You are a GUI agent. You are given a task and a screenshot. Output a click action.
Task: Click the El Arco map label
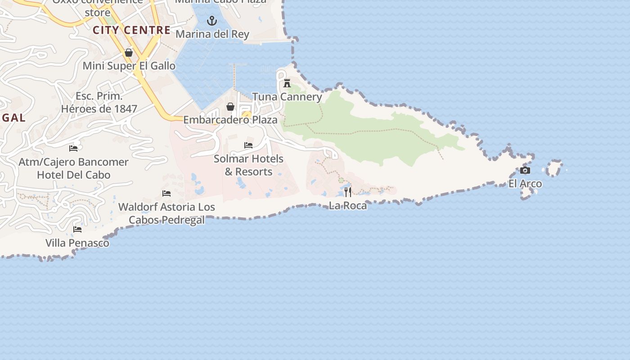pyautogui.click(x=525, y=184)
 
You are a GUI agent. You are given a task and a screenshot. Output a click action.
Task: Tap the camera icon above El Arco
pyautogui.click(x=525, y=171)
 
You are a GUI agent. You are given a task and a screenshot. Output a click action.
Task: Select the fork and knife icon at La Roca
pyautogui.click(x=348, y=192)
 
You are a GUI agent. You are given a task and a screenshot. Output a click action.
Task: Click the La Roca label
pyautogui.click(x=348, y=205)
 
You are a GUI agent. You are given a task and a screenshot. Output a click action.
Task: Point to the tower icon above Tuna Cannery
pyautogui.click(x=287, y=83)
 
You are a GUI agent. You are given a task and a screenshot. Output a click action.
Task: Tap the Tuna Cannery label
pyautogui.click(x=287, y=97)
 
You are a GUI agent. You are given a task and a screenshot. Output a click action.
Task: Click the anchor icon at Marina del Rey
pyautogui.click(x=212, y=21)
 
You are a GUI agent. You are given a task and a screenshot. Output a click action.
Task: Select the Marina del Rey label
pyautogui.click(x=212, y=34)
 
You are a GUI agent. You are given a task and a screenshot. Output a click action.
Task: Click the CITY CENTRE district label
pyautogui.click(x=131, y=30)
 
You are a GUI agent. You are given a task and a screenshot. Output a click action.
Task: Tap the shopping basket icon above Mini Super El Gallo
pyautogui.click(x=129, y=53)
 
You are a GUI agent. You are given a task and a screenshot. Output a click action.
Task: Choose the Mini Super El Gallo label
pyautogui.click(x=129, y=66)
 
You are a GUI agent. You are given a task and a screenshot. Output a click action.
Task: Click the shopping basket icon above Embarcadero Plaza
pyautogui.click(x=230, y=107)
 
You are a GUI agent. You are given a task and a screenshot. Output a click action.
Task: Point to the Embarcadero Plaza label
pyautogui.click(x=230, y=120)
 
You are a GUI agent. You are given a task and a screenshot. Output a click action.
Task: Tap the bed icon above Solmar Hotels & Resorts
pyautogui.click(x=248, y=145)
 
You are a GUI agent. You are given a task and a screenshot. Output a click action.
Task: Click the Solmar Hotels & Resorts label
pyautogui.click(x=248, y=165)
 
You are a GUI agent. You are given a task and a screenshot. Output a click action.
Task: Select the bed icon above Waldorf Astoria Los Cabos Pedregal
pyautogui.click(x=166, y=193)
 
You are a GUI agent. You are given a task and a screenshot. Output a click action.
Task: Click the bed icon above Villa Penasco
pyautogui.click(x=77, y=229)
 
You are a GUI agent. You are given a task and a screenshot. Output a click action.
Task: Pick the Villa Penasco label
pyautogui.click(x=77, y=243)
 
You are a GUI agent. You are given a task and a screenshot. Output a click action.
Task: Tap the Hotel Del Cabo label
pyautogui.click(x=74, y=175)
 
